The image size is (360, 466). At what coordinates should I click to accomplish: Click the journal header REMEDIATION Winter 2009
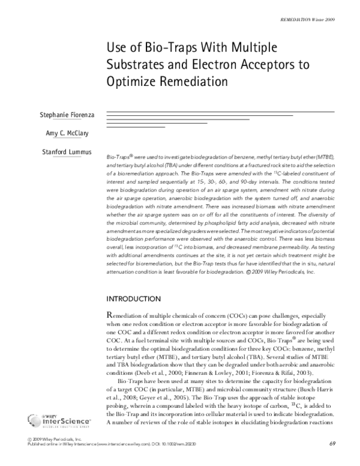coord(311,20)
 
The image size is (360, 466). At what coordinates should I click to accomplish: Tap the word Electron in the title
coord(212,63)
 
